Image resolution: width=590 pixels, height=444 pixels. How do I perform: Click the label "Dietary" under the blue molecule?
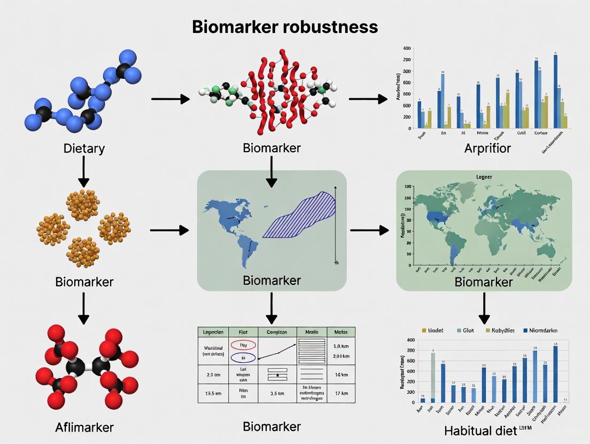pos(83,148)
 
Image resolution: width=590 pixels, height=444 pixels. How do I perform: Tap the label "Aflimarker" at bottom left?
pos(84,427)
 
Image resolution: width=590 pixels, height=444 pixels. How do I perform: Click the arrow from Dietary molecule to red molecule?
pos(170,99)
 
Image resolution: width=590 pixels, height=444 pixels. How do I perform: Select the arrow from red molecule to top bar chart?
pos(368,99)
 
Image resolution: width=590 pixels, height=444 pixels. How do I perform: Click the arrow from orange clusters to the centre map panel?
pos(169,230)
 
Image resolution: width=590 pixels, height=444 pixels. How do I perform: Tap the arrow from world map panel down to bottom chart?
pos(484,308)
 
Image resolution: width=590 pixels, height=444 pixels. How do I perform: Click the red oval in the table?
pos(244,345)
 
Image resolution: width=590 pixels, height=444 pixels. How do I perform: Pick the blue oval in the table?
pos(244,358)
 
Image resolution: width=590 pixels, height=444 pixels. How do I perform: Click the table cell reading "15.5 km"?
pos(213,393)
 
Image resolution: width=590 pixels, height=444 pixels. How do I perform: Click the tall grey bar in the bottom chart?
pos(433,377)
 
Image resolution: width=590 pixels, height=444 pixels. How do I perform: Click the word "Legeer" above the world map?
pos(484,176)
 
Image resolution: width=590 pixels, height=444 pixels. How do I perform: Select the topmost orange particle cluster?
pos(83,204)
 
